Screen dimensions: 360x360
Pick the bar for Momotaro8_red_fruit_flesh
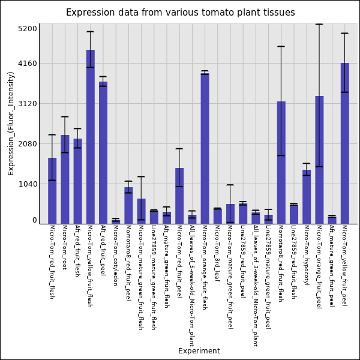(281, 162)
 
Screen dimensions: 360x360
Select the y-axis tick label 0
(34, 221)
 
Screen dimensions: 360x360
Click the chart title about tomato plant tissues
(180, 13)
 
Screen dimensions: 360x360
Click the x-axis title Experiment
(199, 351)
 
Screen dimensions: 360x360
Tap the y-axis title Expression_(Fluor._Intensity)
(11, 123)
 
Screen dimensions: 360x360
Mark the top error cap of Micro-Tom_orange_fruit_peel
(319, 24)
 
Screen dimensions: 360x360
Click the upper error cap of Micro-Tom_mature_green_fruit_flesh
(141, 176)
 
